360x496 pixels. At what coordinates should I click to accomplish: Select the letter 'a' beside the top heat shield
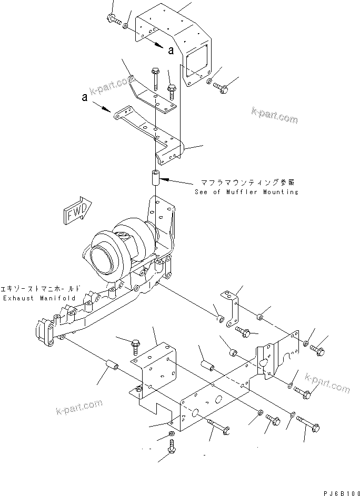171,50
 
